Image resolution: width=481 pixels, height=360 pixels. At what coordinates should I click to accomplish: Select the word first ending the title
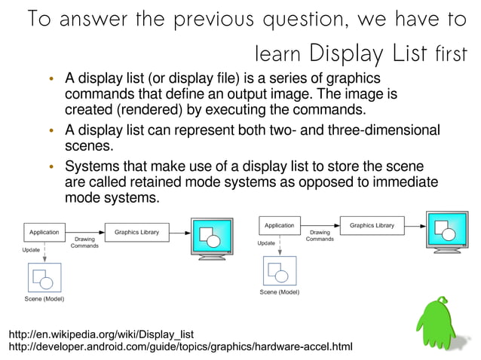pos(449,53)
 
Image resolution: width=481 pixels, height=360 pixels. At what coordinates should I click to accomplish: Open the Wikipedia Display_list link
pos(101,334)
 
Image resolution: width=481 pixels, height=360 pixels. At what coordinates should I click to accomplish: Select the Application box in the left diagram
pos(44,232)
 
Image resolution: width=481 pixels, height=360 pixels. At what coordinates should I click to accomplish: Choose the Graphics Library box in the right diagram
pos(372,225)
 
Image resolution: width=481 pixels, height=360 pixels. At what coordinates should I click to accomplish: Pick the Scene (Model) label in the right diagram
pos(280,291)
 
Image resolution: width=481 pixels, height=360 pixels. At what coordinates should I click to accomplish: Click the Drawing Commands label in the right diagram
pos(320,236)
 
